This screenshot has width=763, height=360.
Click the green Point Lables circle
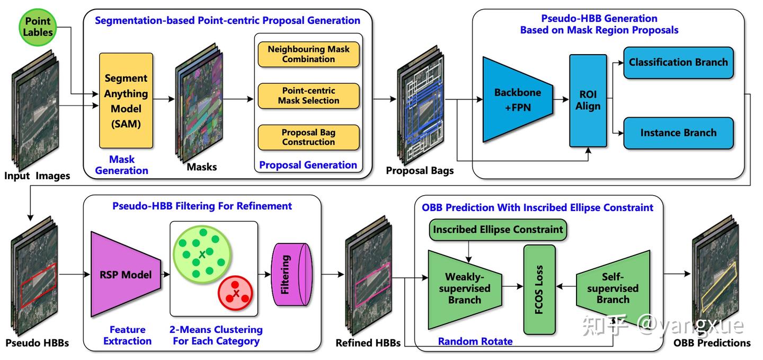click(38, 26)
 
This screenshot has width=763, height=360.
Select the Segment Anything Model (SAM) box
click(126, 101)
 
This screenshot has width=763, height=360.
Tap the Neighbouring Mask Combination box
click(308, 54)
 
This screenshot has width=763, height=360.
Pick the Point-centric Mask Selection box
click(308, 95)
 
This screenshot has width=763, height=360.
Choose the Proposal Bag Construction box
click(308, 137)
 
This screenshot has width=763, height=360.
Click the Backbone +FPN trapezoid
click(517, 99)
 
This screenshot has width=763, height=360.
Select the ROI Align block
click(588, 100)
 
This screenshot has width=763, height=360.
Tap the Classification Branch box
click(678, 63)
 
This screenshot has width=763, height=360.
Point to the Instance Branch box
click(678, 133)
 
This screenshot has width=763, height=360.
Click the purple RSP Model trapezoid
click(126, 274)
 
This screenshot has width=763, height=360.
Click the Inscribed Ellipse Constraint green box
click(498, 230)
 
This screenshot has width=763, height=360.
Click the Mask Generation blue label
click(122, 165)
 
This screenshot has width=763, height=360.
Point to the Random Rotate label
click(475, 341)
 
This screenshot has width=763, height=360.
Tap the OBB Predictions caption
click(712, 343)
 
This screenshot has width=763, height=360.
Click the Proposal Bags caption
click(420, 171)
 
